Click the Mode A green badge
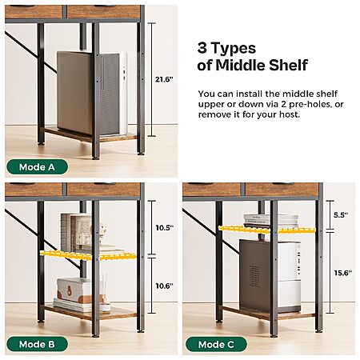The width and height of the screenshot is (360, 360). (37, 167)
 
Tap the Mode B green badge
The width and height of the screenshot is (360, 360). (37, 344)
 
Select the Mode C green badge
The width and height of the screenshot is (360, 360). (216, 344)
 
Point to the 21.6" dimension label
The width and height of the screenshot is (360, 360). (165, 79)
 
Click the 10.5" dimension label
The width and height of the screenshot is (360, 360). (165, 228)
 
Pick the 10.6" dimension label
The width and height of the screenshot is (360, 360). (165, 286)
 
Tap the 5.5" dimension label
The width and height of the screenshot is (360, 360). (341, 215)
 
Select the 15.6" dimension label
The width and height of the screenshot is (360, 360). (343, 273)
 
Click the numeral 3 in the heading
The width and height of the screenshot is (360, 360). (202, 48)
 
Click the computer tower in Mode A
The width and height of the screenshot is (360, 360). (92, 94)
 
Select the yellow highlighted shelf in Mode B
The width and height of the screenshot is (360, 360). (88, 255)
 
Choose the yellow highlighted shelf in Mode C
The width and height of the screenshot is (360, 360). (266, 230)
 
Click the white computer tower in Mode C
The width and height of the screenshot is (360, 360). (270, 276)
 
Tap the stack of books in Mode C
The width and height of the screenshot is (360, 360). (270, 221)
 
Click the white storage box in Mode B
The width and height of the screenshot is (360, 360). (74, 290)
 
